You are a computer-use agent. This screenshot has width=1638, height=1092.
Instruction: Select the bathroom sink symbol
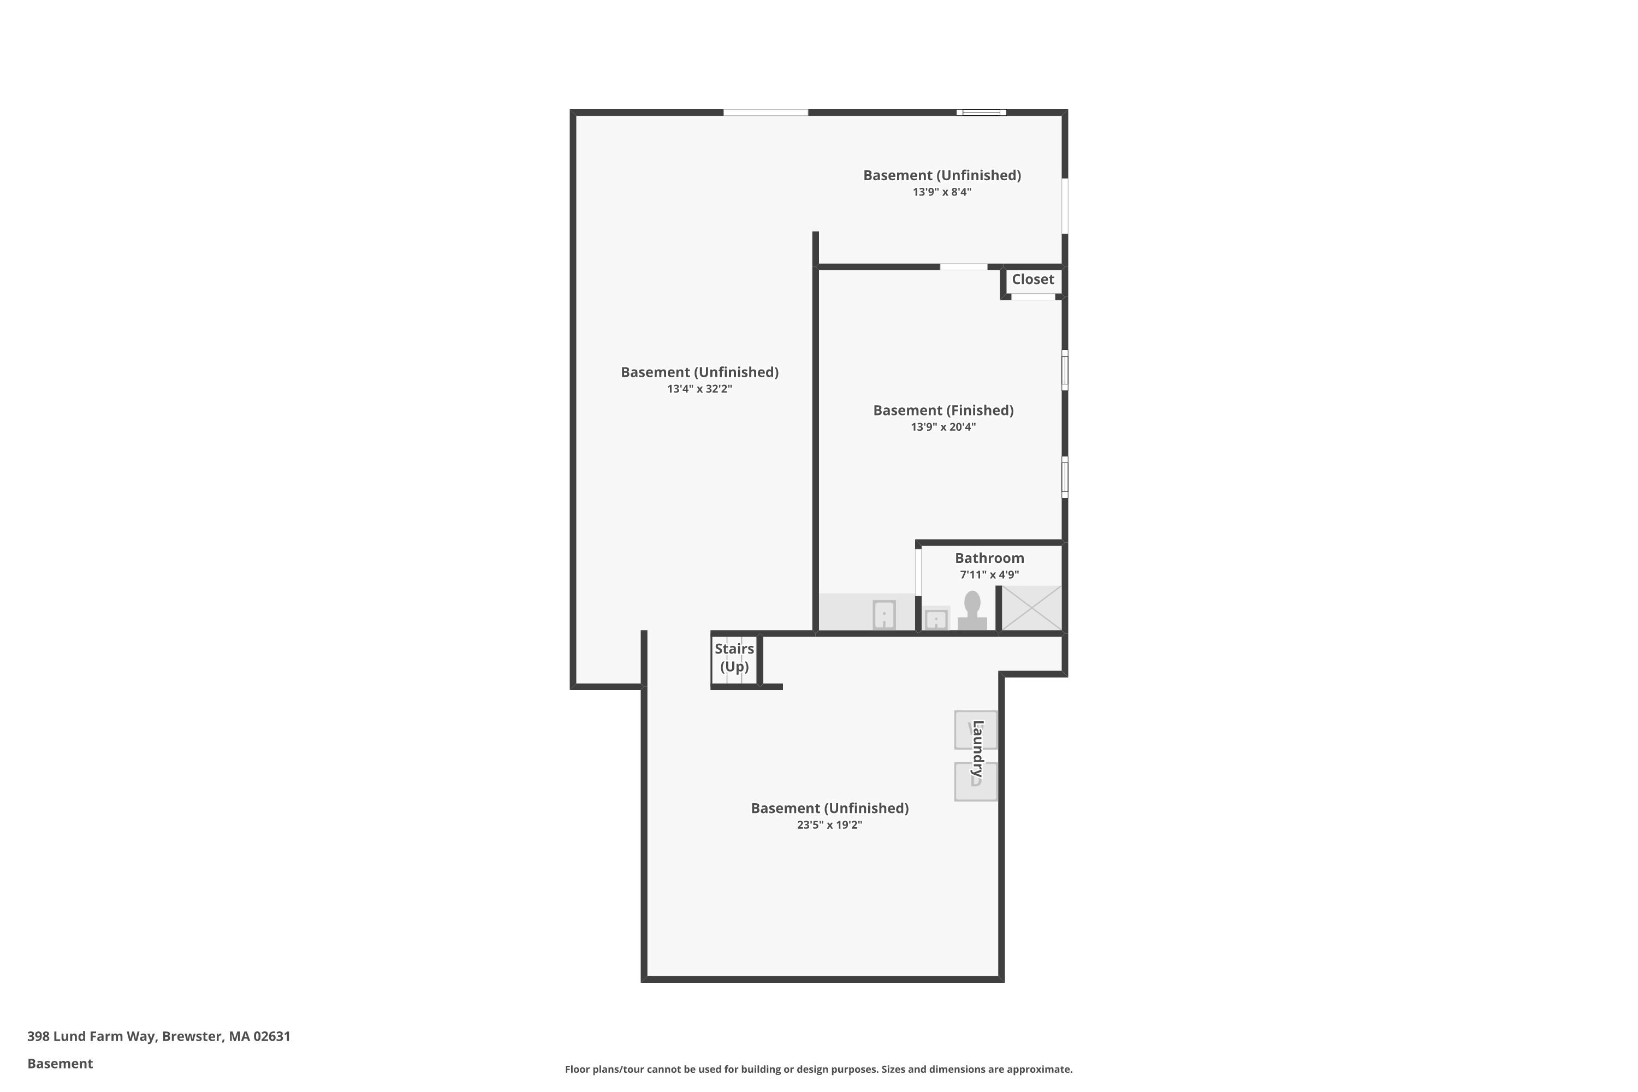pos(935,619)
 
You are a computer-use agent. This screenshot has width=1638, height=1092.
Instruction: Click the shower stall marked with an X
pos(1031,608)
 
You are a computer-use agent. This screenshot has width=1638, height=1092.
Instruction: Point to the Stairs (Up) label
pos(734,657)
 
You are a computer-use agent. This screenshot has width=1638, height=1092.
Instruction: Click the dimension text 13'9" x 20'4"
pos(943,427)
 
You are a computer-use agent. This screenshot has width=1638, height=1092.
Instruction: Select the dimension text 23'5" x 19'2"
pos(829,824)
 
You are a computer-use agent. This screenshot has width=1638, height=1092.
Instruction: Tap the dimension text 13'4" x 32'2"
pos(699,389)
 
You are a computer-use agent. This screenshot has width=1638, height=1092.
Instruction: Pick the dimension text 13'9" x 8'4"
pos(941,192)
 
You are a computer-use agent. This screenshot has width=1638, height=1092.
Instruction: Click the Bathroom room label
pos(989,558)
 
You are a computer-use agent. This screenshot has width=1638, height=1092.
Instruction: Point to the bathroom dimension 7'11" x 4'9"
pos(989,574)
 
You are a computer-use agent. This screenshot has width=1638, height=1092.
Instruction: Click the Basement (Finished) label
pos(943,410)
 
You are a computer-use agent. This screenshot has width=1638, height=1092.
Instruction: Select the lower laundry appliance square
pos(975,781)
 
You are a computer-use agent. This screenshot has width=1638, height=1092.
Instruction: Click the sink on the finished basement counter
pos(884,614)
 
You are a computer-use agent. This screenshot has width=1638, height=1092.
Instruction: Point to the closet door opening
pos(1033,296)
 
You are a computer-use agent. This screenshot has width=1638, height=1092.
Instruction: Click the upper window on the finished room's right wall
pos(1064,370)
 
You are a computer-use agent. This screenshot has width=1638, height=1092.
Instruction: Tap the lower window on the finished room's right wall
pos(1064,477)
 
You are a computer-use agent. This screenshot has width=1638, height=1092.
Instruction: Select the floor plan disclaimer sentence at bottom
pos(818,1069)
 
